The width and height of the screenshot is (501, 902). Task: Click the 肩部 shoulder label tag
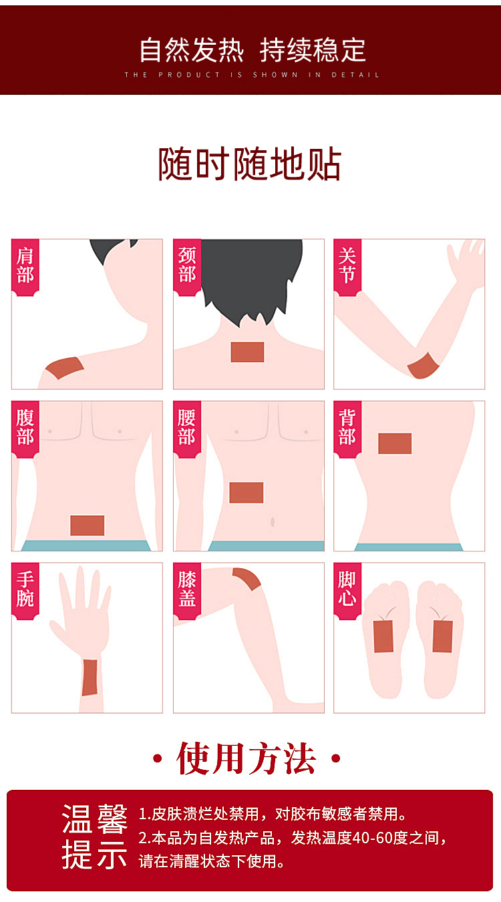[25, 267]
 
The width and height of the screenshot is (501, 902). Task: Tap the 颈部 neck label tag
[187, 267]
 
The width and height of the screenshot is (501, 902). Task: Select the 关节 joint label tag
[347, 267]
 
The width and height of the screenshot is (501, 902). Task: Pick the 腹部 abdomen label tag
[25, 429]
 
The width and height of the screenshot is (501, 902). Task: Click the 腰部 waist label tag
[187, 429]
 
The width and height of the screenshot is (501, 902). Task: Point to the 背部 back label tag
[347, 429]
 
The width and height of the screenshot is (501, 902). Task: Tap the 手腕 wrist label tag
[25, 591]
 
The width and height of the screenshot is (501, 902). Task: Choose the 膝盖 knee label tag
[187, 591]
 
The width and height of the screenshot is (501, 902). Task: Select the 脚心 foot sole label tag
[347, 591]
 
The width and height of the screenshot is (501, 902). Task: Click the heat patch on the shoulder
[65, 368]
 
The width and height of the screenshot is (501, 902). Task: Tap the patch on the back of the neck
[247, 352]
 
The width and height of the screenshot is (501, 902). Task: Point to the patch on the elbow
[423, 366]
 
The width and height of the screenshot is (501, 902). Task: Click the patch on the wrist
[90, 678]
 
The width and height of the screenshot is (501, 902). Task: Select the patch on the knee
[247, 579]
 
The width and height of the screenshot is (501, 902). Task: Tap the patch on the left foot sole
[383, 636]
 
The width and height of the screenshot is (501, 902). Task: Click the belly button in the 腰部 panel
[273, 522]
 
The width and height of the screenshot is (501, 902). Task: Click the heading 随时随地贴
[250, 164]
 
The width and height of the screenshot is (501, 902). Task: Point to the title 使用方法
[246, 758]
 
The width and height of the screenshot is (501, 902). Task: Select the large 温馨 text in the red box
[95, 819]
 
